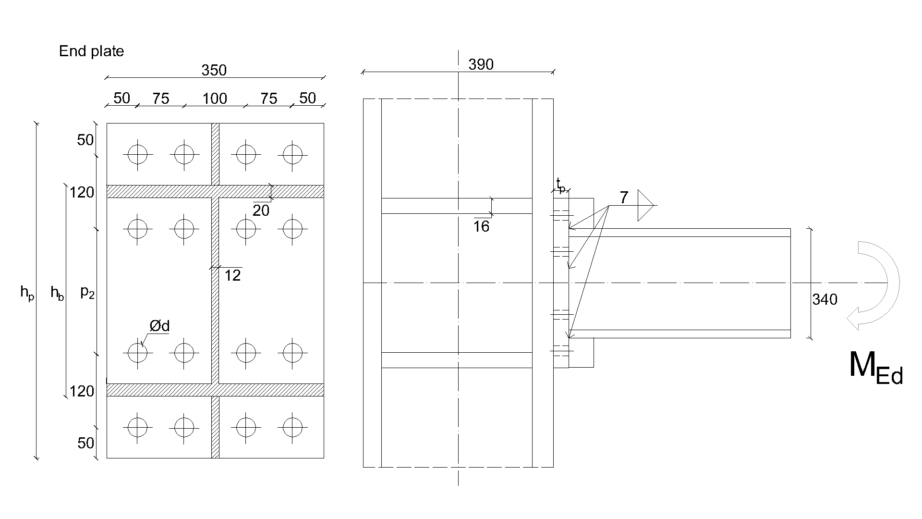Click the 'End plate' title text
[91, 51]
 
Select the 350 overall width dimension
[214, 71]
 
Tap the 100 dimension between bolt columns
[214, 99]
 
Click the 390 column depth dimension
[481, 64]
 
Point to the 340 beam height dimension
[825, 300]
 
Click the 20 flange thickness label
[261, 210]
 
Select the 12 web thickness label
[232, 275]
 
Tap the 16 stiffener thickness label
[481, 226]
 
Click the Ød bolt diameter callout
[159, 326]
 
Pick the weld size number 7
[623, 198]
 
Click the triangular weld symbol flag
[645, 206]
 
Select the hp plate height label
[27, 292]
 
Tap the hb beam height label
[57, 292]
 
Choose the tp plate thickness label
[560, 185]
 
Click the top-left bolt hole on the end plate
[138, 155]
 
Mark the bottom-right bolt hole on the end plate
[292, 427]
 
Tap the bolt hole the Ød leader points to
[138, 353]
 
